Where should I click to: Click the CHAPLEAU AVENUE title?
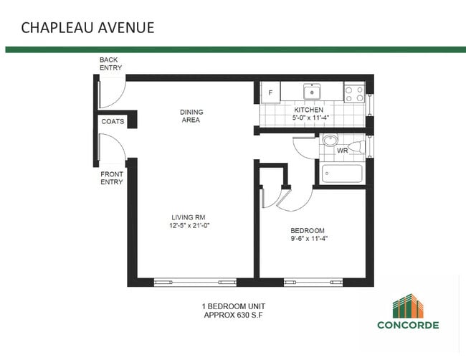[x=87, y=28]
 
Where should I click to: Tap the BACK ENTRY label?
[x=110, y=64]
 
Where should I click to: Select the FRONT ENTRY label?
[x=111, y=178]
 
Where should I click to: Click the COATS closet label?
[x=113, y=122]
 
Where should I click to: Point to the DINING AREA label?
[x=191, y=116]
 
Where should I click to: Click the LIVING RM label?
[x=189, y=217]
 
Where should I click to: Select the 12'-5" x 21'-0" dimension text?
[x=189, y=226]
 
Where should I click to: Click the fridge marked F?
[x=270, y=93]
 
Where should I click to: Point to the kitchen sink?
[x=312, y=92]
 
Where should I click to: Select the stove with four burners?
[x=353, y=92]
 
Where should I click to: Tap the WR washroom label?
[x=342, y=151]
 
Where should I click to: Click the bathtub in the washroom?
[x=342, y=173]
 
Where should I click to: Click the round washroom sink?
[x=331, y=140]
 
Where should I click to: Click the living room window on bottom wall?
[x=195, y=281]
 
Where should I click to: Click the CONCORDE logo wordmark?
[x=408, y=325]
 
